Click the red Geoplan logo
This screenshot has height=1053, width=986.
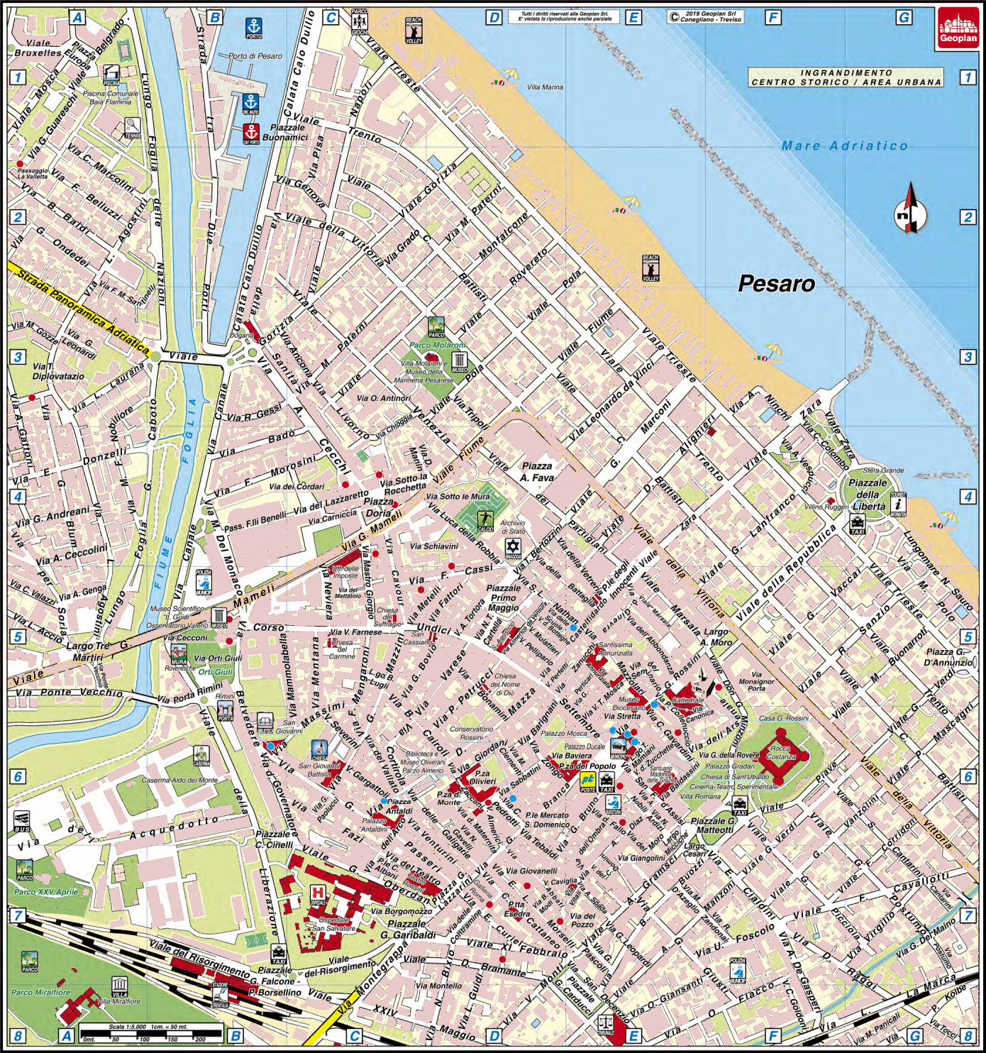[958, 28]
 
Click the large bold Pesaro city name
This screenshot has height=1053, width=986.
[776, 284]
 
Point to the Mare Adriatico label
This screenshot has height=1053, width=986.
[844, 145]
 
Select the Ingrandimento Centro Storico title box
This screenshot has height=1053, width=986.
[846, 77]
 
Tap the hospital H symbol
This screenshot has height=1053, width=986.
[317, 893]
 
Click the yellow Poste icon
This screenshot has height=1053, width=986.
[588, 782]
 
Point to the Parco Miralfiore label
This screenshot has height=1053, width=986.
[40, 992]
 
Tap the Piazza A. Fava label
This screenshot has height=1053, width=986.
[537, 472]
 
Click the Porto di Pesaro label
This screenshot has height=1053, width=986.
[255, 56]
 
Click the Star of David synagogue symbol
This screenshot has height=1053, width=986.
[512, 547]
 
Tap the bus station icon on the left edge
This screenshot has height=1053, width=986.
[21, 821]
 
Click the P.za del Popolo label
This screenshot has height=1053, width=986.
[587, 766]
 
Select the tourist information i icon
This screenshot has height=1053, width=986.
[898, 504]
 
